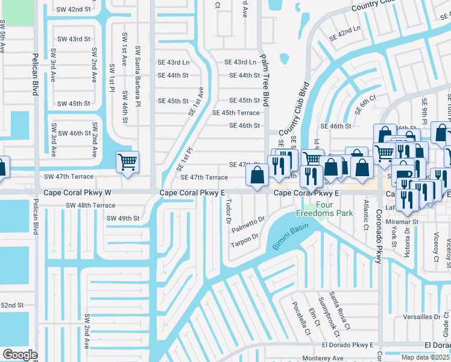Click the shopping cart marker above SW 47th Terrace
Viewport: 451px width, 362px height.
[x=127, y=162]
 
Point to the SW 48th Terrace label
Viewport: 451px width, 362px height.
[x=90, y=205]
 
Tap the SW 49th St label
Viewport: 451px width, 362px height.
[x=123, y=218]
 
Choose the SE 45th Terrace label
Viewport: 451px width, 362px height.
[x=236, y=113]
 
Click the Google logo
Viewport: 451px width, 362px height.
[x=20, y=355]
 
